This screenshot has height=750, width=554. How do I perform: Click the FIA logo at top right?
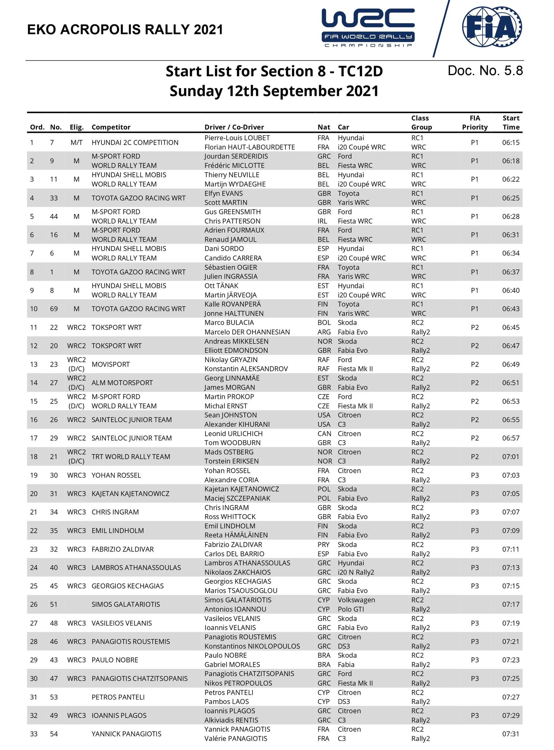click(492, 27)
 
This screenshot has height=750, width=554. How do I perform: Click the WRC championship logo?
click(368, 27)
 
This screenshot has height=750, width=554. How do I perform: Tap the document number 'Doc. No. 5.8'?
click(485, 71)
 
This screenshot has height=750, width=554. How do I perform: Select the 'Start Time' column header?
click(511, 123)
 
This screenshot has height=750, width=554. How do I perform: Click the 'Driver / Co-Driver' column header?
click(234, 127)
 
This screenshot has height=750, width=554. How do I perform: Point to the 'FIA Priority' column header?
click(474, 123)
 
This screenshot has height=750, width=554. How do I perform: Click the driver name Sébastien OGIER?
click(230, 267)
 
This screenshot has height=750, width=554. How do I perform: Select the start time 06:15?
click(511, 142)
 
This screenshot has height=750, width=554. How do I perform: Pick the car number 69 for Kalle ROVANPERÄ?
click(54, 309)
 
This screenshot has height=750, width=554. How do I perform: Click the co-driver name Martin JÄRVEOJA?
click(230, 295)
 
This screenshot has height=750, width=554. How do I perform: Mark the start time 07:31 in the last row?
click(511, 734)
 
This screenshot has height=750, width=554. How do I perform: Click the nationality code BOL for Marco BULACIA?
click(324, 323)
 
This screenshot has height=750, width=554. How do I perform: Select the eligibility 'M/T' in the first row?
click(77, 142)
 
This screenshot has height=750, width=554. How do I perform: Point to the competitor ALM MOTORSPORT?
click(122, 383)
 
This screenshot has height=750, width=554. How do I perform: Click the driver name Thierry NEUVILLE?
click(232, 175)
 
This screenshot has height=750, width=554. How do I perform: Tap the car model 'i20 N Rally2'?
click(356, 572)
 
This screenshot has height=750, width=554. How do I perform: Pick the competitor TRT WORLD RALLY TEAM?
click(131, 457)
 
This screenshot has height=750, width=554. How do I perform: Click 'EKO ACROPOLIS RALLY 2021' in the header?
click(125, 30)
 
